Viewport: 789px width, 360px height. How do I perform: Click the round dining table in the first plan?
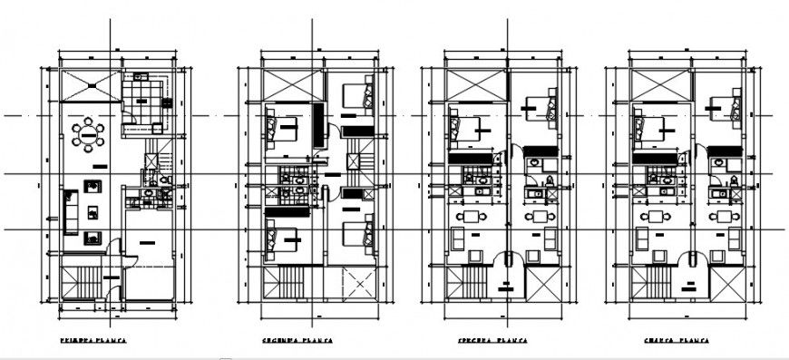pyautogui.click(x=89, y=135)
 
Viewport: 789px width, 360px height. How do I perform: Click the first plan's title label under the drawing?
pyautogui.click(x=93, y=341)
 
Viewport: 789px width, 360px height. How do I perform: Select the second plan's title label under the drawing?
pyautogui.click(x=297, y=341)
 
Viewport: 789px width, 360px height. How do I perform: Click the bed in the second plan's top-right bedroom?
pyautogui.click(x=357, y=96)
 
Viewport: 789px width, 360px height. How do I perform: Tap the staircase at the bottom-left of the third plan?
pyautogui.click(x=473, y=280)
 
